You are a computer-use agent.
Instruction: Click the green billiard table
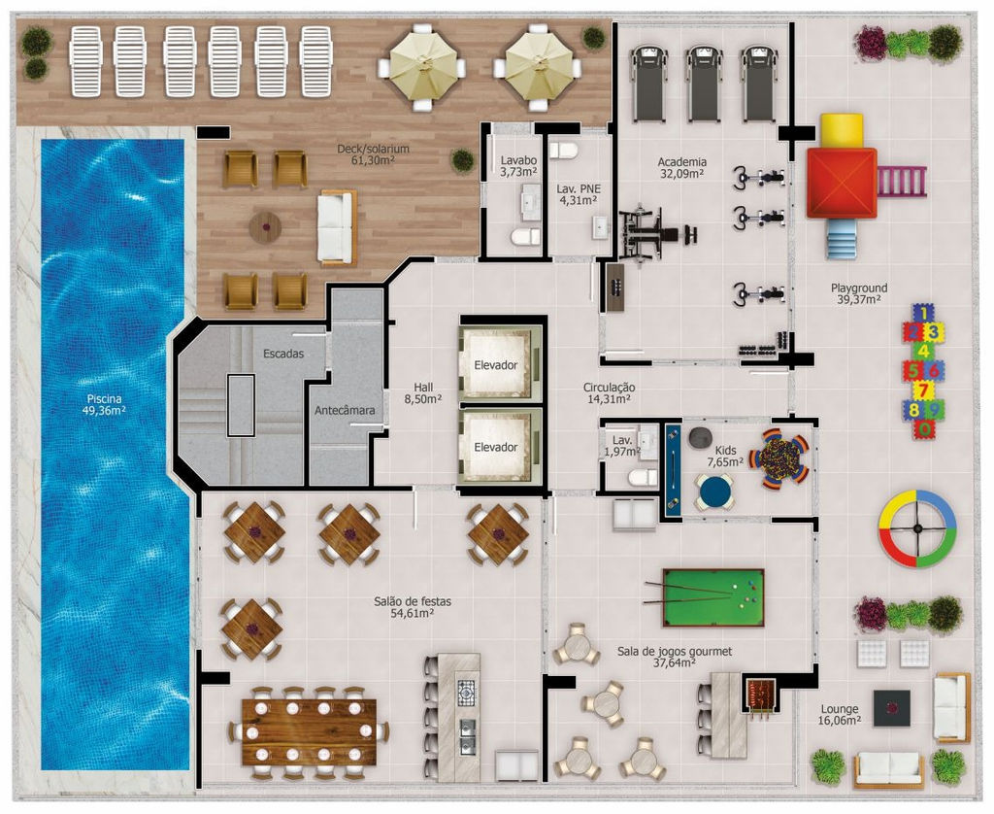pyautogui.click(x=713, y=597)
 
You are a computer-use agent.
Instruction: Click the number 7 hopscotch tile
pyautogui.click(x=923, y=389)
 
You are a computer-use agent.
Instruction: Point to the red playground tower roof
pyautogui.click(x=842, y=183)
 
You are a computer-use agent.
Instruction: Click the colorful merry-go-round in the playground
pyautogui.click(x=916, y=527)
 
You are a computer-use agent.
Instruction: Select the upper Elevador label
pyautogui.click(x=496, y=365)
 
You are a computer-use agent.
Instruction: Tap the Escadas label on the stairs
pyautogui.click(x=283, y=354)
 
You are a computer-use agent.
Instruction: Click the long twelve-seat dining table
pyautogui.click(x=309, y=730)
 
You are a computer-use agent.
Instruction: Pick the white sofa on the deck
pyautogui.click(x=336, y=227)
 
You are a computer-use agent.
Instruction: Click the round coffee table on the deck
pyautogui.click(x=265, y=227)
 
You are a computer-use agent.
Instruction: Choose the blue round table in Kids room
pyautogui.click(x=715, y=492)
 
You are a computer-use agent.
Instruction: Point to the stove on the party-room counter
pyautogui.click(x=466, y=694)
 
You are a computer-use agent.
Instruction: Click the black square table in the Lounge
pyautogui.click(x=892, y=708)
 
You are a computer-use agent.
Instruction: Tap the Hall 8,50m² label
pyautogui.click(x=423, y=392)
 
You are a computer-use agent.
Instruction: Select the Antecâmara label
pyautogui.click(x=345, y=410)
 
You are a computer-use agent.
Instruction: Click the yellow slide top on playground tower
pyautogui.click(x=842, y=130)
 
